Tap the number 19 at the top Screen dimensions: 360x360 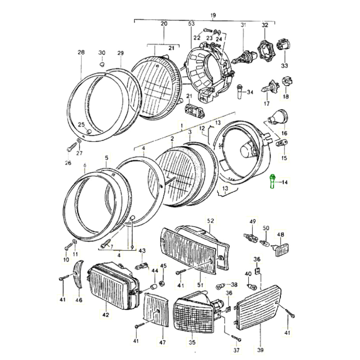coord(213,16)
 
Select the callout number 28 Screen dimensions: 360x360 coord(81,52)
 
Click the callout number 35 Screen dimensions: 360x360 coord(192,342)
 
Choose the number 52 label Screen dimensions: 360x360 coord(210,221)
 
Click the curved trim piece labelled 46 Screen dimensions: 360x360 coord(79,275)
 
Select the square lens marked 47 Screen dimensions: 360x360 coord(156,310)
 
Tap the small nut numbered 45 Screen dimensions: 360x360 coord(162,283)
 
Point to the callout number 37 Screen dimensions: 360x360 coord(236,350)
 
